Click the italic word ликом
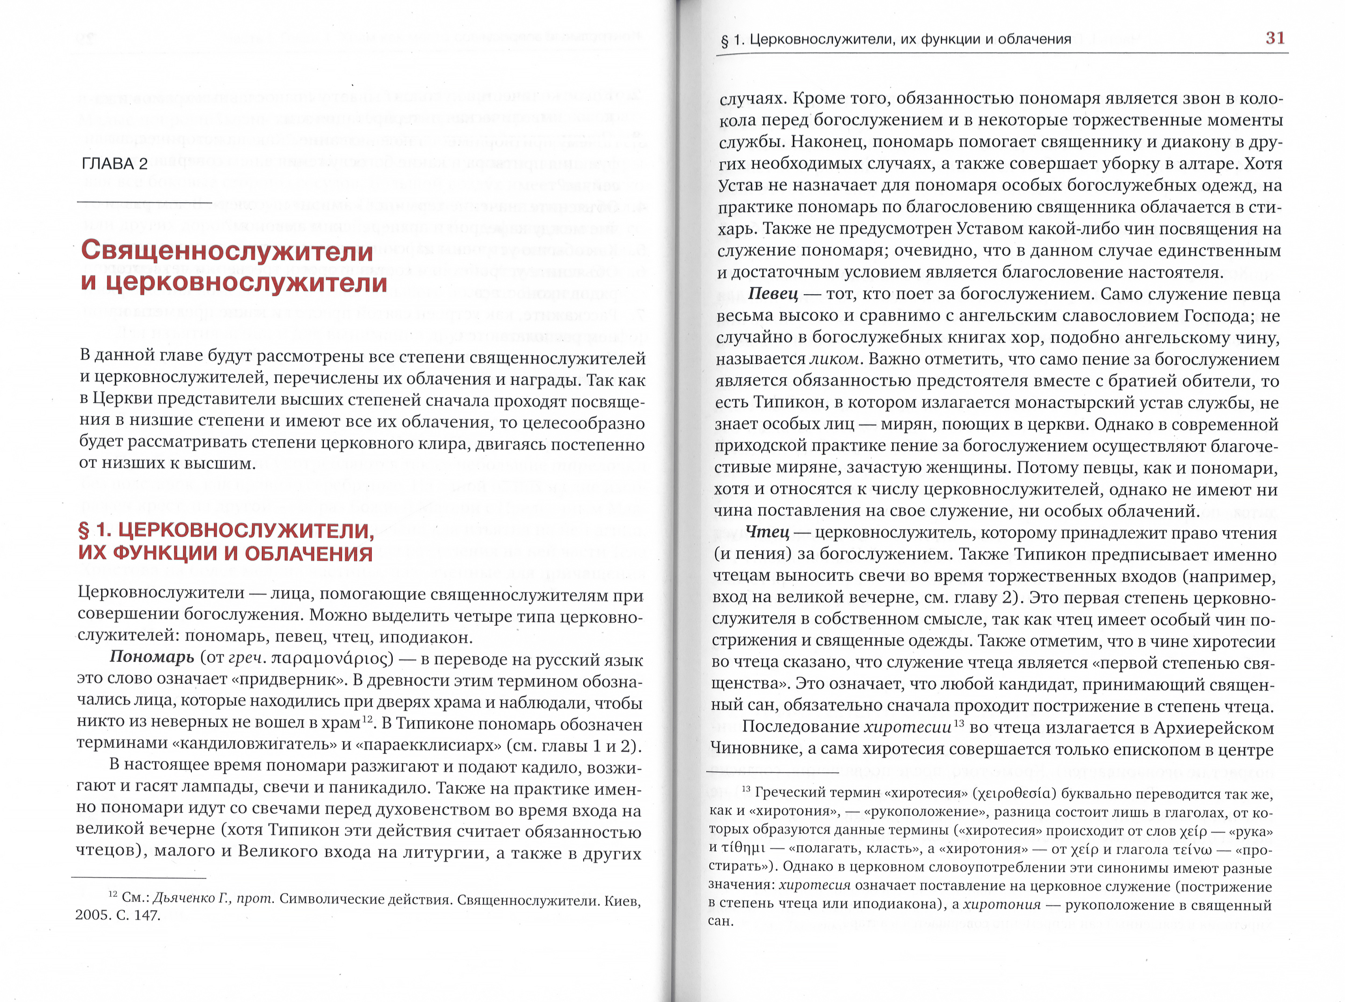click(834, 359)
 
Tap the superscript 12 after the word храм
click(367, 719)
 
